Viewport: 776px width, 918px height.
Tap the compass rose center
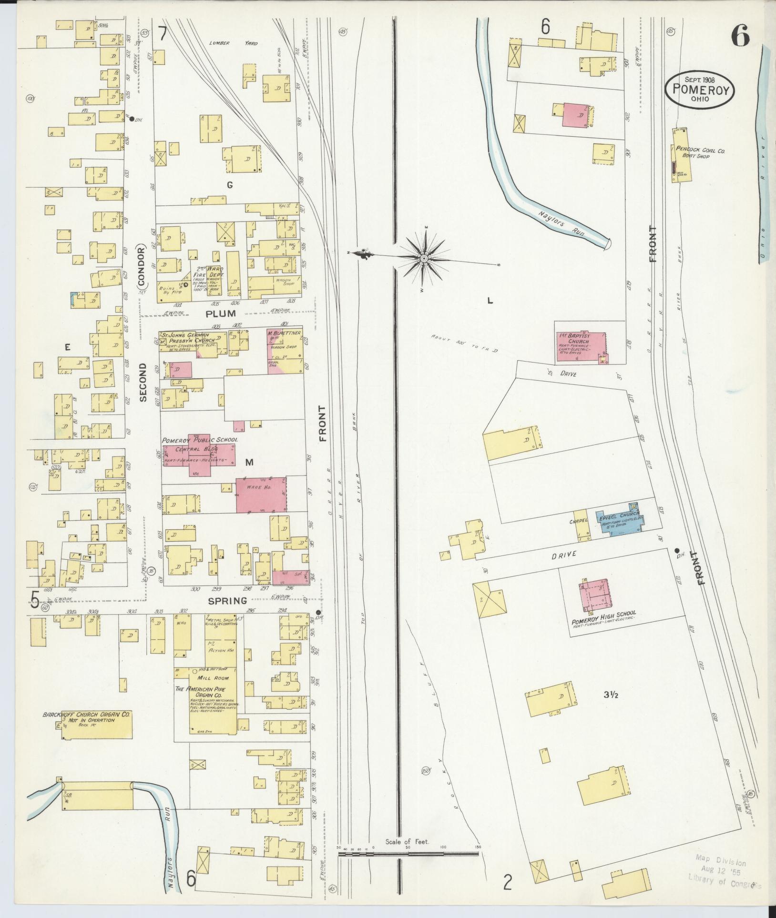tap(423, 258)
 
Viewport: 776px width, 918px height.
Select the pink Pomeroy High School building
tap(594, 595)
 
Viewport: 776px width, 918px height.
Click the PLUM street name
tap(221, 313)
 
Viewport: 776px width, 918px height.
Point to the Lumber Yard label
tap(233, 43)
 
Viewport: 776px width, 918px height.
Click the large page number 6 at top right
tap(740, 36)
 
